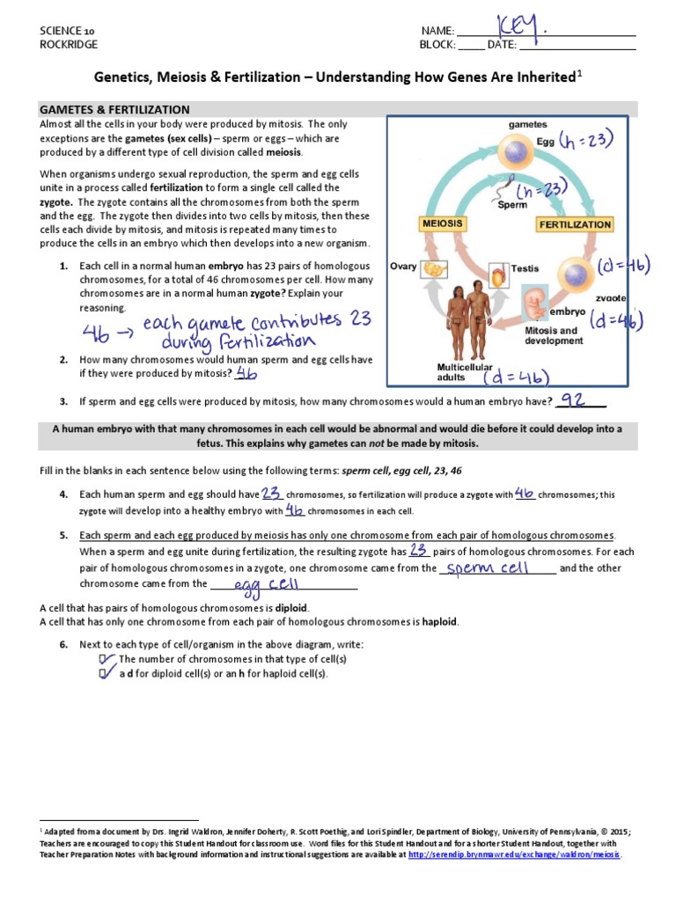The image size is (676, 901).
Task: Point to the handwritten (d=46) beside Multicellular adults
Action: coord(517,377)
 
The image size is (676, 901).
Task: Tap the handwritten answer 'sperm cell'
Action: coord(488,568)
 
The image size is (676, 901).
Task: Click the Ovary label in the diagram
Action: coord(403,266)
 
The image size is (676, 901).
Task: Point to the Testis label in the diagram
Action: coord(525,267)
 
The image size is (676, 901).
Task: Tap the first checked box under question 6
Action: coord(107,658)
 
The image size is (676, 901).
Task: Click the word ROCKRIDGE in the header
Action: coord(69,44)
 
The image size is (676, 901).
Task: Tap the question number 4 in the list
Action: coord(63,494)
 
